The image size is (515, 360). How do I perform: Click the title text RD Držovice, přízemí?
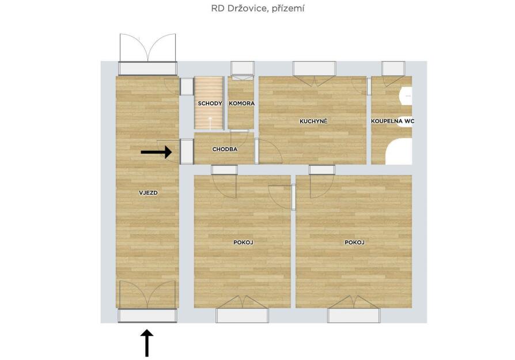(x=257, y=9)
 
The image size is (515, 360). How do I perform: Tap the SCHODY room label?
(x=210, y=104)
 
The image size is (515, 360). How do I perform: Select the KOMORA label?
(x=242, y=104)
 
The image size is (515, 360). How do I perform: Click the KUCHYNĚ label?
(x=313, y=121)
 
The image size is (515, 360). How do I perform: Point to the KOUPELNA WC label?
(x=392, y=121)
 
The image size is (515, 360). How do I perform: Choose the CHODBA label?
(x=225, y=149)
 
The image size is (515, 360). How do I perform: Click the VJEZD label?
(x=148, y=193)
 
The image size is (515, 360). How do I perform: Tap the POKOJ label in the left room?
(x=243, y=242)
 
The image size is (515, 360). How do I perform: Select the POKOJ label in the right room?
(x=354, y=242)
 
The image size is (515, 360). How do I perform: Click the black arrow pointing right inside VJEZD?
(x=156, y=152)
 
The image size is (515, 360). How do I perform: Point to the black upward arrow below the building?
(x=147, y=343)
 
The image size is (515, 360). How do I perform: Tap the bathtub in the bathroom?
(x=399, y=151)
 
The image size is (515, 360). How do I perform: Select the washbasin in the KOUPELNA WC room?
(x=406, y=96)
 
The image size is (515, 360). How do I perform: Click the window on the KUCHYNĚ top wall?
(x=315, y=69)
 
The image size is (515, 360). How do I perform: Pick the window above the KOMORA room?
(x=243, y=69)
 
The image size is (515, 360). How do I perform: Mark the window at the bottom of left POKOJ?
(x=242, y=315)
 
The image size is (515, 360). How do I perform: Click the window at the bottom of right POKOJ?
(x=354, y=315)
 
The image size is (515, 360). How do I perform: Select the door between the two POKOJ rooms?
(x=293, y=197)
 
